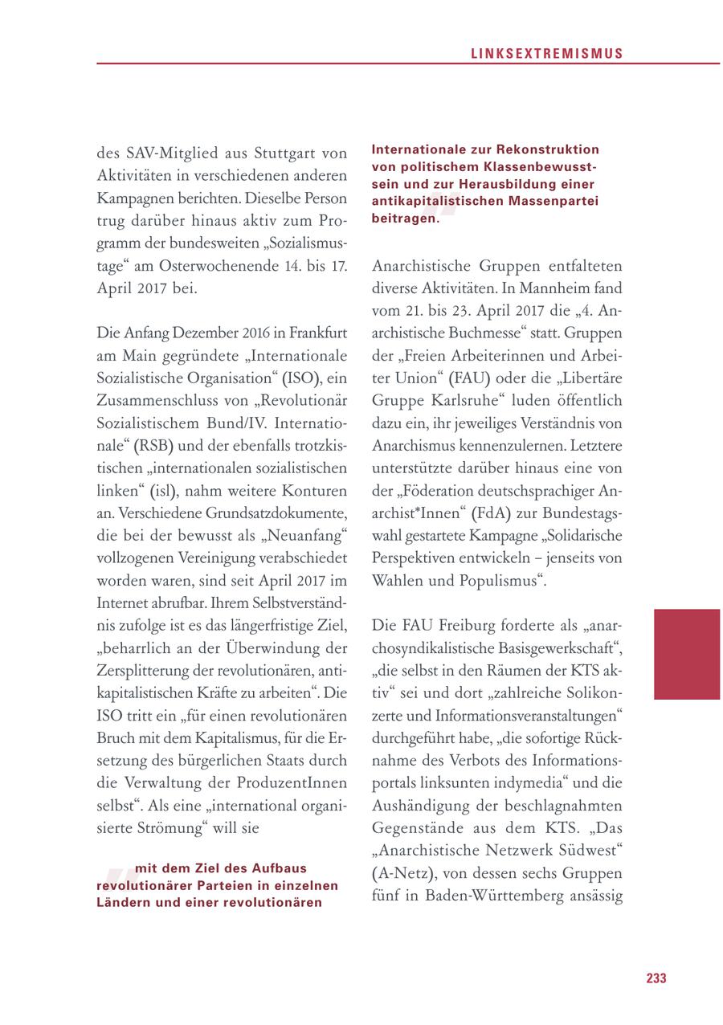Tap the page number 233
(656, 978)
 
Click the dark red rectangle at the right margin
(687, 653)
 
